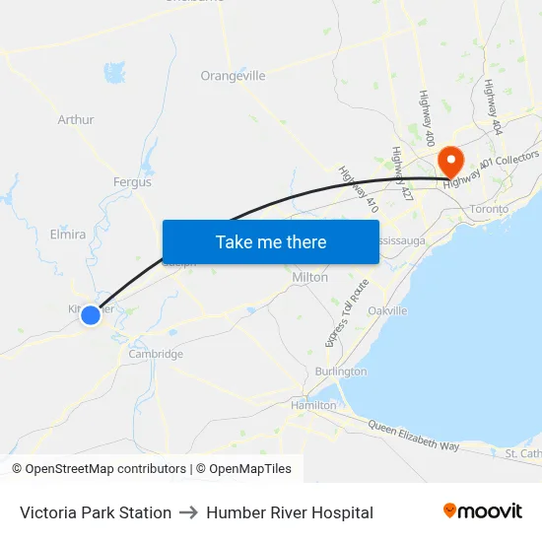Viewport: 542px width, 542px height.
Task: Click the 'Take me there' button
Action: tap(271, 241)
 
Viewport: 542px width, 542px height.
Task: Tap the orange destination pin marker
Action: tap(450, 161)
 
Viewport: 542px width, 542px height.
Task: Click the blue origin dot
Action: tap(91, 314)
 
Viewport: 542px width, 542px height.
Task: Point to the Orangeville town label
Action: tap(233, 76)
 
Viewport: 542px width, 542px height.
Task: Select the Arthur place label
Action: tap(76, 120)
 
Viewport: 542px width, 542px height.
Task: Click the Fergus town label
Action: tap(132, 182)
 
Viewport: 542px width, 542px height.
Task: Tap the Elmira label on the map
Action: tap(68, 235)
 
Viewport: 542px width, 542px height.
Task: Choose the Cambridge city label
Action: tap(156, 354)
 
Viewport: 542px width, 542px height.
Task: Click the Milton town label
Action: tap(310, 278)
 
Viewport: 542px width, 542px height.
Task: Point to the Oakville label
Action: tap(387, 310)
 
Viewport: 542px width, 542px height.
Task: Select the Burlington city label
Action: tap(341, 372)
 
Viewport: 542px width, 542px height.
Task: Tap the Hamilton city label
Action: tap(313, 405)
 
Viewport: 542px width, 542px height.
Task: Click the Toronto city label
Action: tap(489, 209)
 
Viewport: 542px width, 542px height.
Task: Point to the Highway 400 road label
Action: tap(428, 117)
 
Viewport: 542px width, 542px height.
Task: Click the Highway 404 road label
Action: tap(493, 106)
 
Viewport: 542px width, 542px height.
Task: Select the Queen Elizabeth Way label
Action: tap(415, 435)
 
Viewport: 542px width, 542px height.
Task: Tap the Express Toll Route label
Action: tap(346, 312)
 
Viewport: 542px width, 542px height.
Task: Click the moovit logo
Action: tap(483, 511)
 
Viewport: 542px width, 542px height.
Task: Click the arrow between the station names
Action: tap(188, 512)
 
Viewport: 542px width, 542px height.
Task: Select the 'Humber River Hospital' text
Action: tap(290, 512)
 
